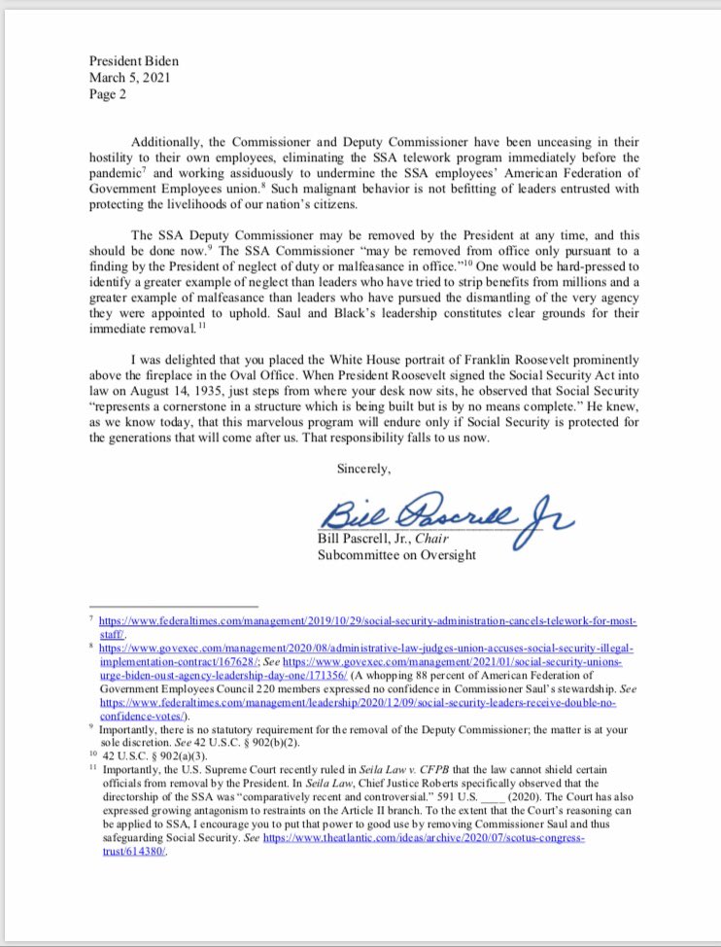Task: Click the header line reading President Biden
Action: (133, 60)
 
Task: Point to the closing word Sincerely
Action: (363, 469)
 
